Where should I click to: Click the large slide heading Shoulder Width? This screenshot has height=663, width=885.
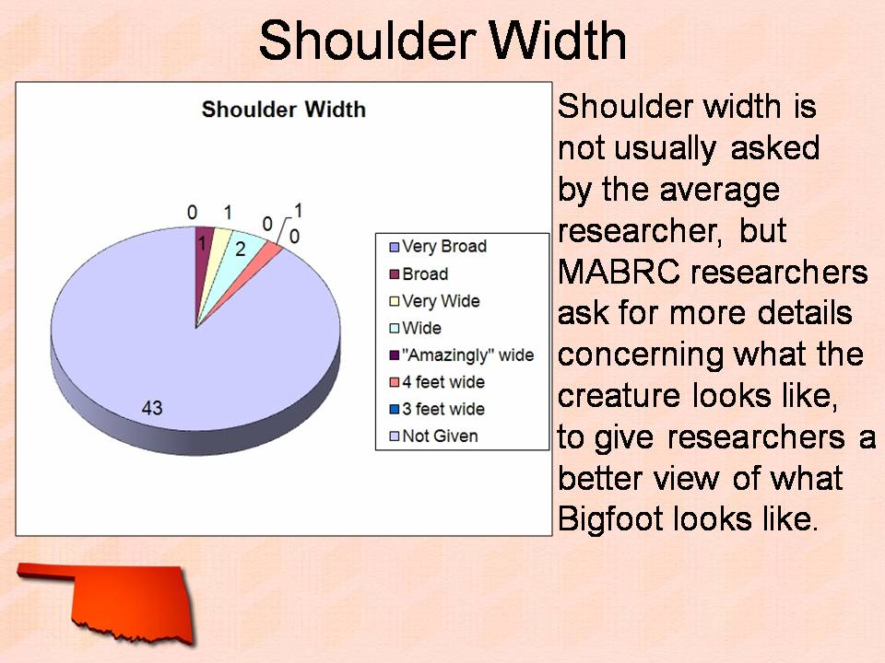442,40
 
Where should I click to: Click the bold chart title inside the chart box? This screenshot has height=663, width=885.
283,109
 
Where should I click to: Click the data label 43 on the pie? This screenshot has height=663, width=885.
152,408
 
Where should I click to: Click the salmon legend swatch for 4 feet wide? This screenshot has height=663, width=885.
395,383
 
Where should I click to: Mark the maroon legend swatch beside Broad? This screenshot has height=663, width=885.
395,274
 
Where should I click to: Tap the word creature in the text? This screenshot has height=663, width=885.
619,396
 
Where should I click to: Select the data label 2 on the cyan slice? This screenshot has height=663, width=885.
241,250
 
